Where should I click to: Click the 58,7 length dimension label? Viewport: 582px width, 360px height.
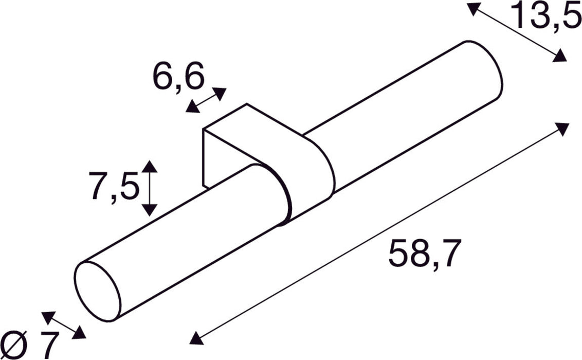click(422, 254)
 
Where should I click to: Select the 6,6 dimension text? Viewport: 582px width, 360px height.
click(178, 77)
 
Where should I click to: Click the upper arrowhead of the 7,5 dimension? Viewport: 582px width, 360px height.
click(149, 167)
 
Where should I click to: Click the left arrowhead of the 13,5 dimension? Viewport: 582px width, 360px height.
click(473, 9)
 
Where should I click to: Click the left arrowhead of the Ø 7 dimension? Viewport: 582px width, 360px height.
click(48, 317)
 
